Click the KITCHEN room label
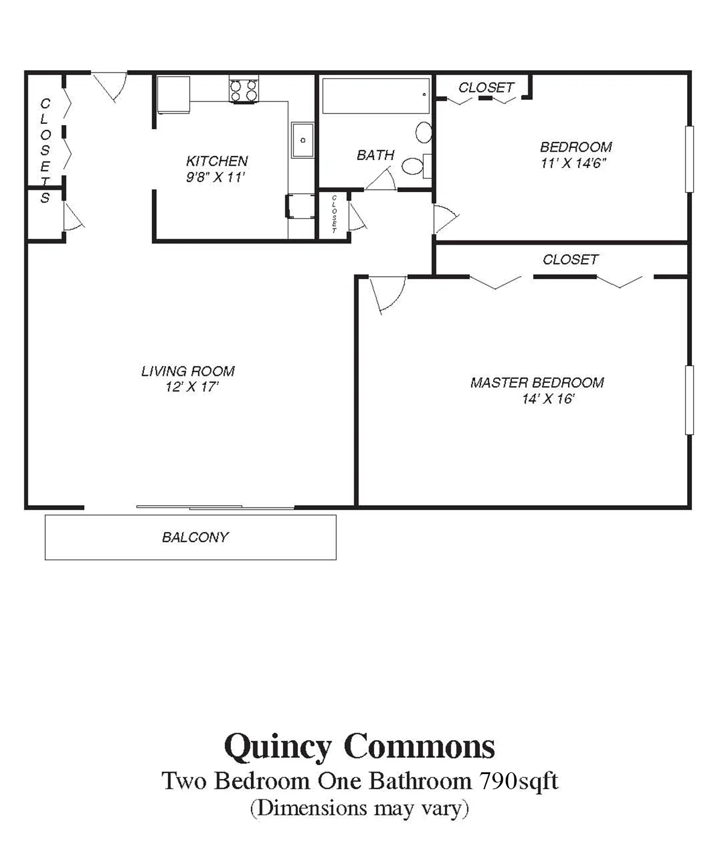point(216,161)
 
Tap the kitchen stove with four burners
point(244,90)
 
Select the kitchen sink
point(302,140)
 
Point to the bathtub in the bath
point(375,95)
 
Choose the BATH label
point(375,155)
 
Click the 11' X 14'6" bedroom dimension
point(573,163)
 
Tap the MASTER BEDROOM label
point(537,383)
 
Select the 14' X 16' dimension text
point(548,399)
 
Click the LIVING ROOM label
point(187,371)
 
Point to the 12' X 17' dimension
point(191,387)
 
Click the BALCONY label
point(195,537)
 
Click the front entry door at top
point(111,85)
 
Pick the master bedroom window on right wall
point(688,399)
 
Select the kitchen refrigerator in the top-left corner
point(173,94)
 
